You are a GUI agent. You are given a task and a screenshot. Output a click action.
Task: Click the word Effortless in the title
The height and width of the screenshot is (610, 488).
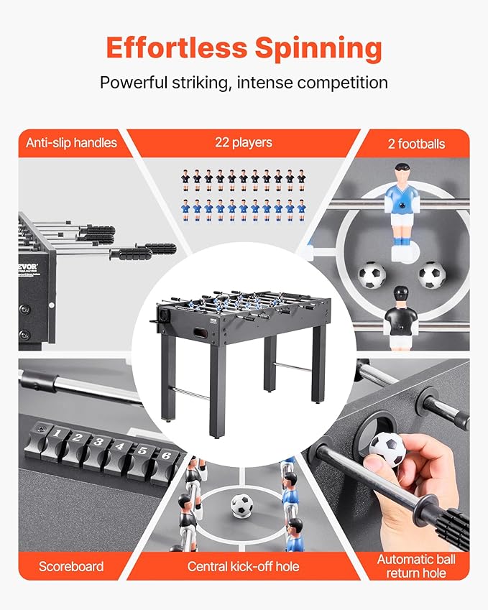tap(177, 48)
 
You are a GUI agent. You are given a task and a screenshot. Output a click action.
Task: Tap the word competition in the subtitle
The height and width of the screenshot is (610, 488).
tap(342, 83)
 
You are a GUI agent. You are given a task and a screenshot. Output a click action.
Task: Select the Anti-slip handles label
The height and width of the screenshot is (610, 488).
tap(72, 143)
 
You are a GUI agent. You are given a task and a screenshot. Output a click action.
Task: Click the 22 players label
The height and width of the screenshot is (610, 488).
tap(244, 142)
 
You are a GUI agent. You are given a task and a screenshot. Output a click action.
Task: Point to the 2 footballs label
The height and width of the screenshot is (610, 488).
tap(416, 144)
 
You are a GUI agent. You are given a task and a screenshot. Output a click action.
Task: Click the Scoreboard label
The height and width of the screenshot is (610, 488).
tap(71, 566)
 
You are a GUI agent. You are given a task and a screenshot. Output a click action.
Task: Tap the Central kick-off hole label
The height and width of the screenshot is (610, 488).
tap(243, 566)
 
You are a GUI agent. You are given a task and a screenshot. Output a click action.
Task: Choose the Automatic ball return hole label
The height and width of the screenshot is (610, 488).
tap(416, 566)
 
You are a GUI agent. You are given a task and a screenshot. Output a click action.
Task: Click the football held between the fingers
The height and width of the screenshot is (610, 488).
tap(387, 450)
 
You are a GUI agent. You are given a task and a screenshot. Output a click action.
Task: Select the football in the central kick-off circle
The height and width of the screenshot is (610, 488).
tap(241, 505)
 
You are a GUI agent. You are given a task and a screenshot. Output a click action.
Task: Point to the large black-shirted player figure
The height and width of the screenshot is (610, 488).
tap(400, 316)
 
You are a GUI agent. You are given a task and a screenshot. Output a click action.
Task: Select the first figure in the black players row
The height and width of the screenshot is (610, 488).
tap(185, 180)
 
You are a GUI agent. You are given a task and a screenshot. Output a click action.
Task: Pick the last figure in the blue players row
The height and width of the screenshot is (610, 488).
tap(301, 211)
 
